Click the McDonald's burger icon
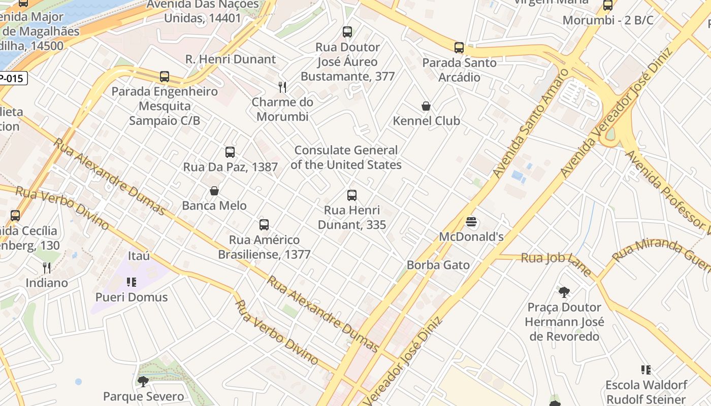[472, 222]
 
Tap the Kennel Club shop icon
[426, 106]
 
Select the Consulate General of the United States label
[346, 157]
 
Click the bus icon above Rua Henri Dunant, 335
[351, 195]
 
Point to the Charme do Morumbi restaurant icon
[282, 87]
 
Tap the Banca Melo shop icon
[214, 191]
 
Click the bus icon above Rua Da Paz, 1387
[230, 152]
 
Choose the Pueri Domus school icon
[132, 282]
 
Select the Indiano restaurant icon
[47, 267]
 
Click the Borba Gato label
[438, 265]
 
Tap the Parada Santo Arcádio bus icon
[459, 48]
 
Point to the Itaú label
[139, 256]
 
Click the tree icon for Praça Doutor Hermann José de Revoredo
[564, 292]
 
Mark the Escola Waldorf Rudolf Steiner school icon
[646, 370]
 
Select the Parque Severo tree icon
[143, 381]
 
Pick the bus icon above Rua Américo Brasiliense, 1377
[264, 224]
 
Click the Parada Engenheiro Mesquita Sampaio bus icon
[165, 77]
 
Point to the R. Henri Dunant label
[231, 59]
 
